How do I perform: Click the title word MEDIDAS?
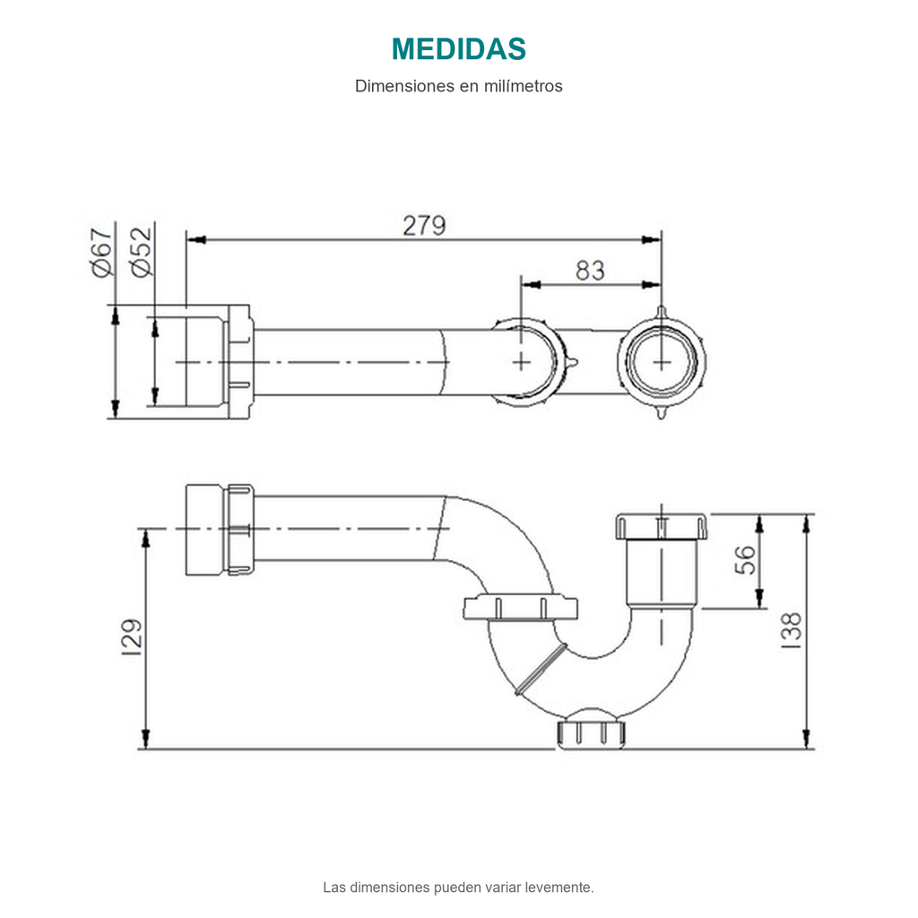[458, 49]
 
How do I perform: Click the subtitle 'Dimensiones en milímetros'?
[458, 86]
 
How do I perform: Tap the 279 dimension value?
[424, 225]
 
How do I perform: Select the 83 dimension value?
[590, 271]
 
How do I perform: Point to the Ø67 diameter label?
[102, 252]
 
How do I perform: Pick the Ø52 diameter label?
[142, 252]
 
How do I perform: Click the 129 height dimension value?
[132, 637]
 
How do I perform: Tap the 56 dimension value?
[745, 559]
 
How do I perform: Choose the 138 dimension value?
[791, 630]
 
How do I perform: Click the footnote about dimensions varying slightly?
[458, 887]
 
